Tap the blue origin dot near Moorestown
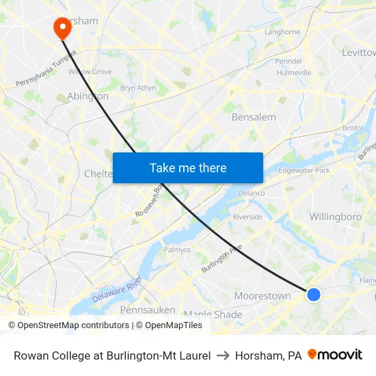313,295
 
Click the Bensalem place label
254,117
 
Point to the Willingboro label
335,217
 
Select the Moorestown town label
263,296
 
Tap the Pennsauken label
148,310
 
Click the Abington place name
88,96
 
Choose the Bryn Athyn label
138,88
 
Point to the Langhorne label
282,31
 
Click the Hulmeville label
294,72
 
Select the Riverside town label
247,217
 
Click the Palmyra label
177,250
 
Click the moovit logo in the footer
335,355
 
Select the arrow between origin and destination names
223,355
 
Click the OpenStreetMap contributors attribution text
68,325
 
